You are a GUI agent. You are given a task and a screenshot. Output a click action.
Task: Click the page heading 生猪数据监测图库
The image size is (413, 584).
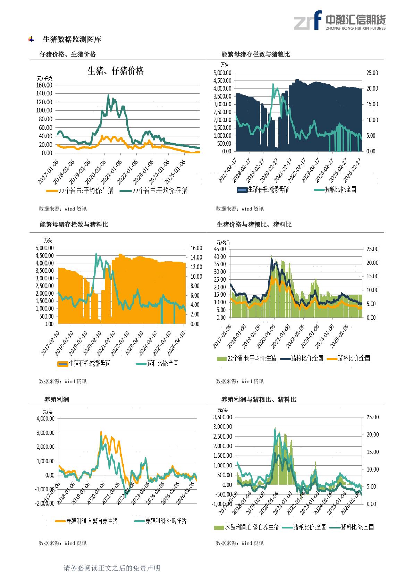(x=72, y=40)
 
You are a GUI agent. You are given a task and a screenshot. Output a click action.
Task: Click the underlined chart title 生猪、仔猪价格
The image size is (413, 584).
(x=116, y=71)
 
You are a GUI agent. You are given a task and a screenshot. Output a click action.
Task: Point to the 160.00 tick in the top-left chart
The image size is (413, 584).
(x=44, y=85)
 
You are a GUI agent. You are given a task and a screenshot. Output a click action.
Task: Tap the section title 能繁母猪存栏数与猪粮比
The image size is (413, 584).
(x=255, y=54)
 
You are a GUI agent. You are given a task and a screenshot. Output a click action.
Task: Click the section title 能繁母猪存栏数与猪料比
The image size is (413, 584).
(x=74, y=225)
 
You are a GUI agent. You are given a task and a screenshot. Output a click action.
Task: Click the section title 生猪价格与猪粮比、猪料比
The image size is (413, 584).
(x=254, y=225)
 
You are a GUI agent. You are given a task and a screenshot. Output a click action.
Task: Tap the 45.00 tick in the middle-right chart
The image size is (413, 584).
(x=220, y=249)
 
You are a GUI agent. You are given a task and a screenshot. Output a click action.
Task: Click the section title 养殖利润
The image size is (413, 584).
(x=57, y=399)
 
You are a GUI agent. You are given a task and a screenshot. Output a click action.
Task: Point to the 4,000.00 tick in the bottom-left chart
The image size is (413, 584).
(x=45, y=418)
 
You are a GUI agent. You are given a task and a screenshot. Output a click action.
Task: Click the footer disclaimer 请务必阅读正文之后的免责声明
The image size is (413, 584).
(x=112, y=568)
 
